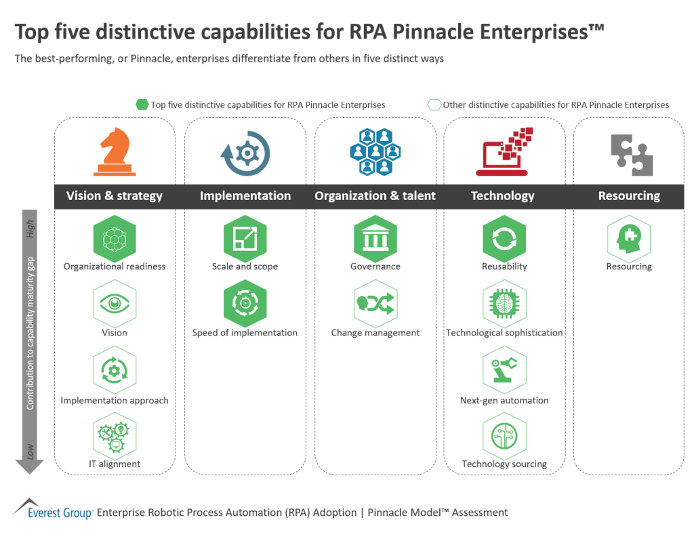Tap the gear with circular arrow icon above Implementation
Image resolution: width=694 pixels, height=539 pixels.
pyautogui.click(x=245, y=153)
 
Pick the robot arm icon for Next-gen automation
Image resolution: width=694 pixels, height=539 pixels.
pyautogui.click(x=504, y=370)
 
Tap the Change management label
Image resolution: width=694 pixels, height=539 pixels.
pyautogui.click(x=375, y=333)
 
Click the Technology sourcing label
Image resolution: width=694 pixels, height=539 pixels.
pyautogui.click(x=504, y=464)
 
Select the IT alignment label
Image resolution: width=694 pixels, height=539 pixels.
pyautogui.click(x=115, y=464)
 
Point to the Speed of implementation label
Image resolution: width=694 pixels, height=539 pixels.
pyautogui.click(x=245, y=333)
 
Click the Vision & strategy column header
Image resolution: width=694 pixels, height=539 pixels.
pyautogui.click(x=115, y=196)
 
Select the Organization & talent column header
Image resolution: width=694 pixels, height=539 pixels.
pyautogui.click(x=375, y=196)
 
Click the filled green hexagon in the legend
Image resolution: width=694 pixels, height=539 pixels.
pyautogui.click(x=142, y=104)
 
